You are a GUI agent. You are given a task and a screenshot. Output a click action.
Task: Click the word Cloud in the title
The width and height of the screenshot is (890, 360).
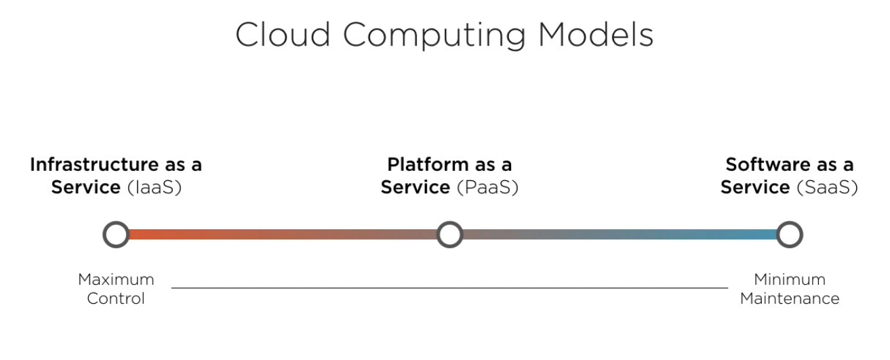point(283,35)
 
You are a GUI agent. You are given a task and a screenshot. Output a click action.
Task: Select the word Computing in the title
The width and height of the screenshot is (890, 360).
point(434,36)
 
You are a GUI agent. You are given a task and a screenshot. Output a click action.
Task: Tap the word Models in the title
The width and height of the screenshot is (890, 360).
point(596,35)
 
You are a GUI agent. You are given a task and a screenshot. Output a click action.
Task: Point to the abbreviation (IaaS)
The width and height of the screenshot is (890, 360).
point(154,187)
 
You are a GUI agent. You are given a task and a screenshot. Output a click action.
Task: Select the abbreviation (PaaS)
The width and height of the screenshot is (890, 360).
point(487,187)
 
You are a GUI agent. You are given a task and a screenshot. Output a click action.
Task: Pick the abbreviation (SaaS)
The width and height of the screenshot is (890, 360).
point(827,187)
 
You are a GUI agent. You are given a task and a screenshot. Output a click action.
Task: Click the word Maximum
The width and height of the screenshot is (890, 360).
point(116,279)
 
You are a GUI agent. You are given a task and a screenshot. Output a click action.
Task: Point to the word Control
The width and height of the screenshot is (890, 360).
point(116,298)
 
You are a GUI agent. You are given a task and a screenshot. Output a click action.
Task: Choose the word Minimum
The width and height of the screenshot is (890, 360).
point(790,279)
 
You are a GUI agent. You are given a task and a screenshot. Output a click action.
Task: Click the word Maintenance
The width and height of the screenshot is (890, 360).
point(790,298)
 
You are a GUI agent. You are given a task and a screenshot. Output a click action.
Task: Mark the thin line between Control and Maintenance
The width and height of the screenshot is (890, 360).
point(449,287)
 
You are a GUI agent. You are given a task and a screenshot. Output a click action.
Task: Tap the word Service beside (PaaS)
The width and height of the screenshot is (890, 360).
point(416,187)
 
